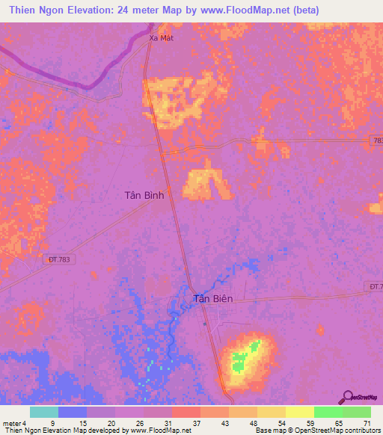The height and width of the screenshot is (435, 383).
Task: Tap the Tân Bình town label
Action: [x=144, y=194]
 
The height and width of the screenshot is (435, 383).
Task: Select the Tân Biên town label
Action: [x=214, y=299]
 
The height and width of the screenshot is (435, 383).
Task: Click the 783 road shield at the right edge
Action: [x=376, y=140]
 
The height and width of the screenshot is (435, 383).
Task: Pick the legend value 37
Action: [x=197, y=422]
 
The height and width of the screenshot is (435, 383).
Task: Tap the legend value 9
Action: [x=52, y=422]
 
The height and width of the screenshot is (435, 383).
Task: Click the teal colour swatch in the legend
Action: [x=44, y=412]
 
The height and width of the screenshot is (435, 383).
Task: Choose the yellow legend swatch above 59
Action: [x=299, y=412]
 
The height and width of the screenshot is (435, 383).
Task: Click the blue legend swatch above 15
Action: [x=73, y=412]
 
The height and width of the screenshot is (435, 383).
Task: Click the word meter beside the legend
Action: [x=13, y=422]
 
